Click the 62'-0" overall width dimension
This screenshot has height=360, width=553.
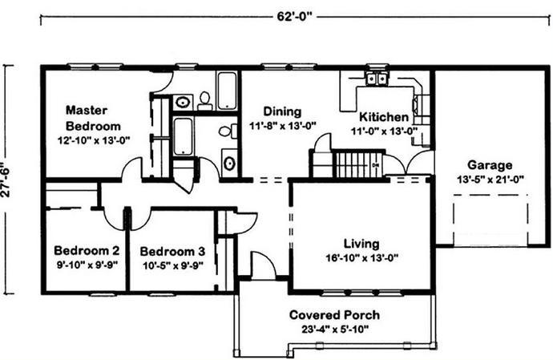click(294, 17)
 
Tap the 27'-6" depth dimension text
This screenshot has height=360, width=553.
click(6, 180)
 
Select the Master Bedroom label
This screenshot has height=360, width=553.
click(93, 118)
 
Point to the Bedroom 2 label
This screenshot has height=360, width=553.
click(87, 251)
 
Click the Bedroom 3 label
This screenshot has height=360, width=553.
click(172, 251)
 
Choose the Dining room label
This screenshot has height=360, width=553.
click(282, 111)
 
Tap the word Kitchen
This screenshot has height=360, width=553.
click(384, 117)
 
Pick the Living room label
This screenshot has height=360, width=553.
click(361, 244)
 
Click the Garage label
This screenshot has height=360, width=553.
click(490, 165)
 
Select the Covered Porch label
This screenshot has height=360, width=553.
click(334, 315)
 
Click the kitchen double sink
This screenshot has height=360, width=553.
click(377, 79)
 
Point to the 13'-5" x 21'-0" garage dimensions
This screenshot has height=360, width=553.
click(490, 180)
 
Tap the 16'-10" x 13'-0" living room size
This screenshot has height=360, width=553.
click(361, 258)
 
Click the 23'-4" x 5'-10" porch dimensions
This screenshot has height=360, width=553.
click(335, 330)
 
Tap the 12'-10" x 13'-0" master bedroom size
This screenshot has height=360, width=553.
click(94, 140)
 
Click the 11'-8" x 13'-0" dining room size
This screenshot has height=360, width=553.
click(282, 126)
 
